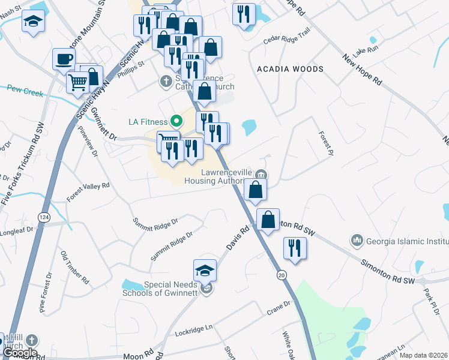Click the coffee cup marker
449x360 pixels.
64,59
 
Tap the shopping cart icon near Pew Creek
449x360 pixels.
77,83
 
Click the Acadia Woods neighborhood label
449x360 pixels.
290,69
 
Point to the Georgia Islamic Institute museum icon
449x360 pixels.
357,241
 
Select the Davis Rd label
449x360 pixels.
238,238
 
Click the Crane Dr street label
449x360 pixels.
279,313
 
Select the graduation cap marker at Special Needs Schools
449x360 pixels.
205,271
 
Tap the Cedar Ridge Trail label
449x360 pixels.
287,37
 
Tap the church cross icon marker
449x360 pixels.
166,80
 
